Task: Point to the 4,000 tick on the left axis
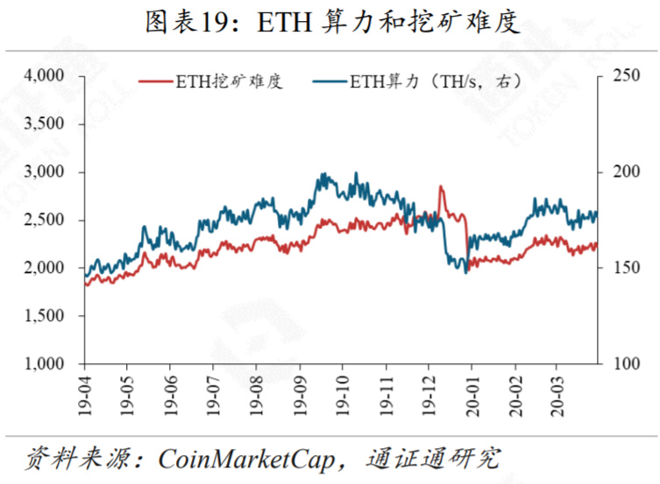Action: click(54, 76)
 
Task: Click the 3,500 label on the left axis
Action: click(54, 124)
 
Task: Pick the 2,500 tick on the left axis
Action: click(54, 220)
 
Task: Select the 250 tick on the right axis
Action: click(621, 76)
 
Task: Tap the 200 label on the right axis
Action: click(621, 172)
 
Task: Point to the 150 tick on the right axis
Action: click(621, 268)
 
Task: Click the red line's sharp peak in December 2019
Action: click(440, 186)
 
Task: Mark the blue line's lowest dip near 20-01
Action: click(465, 272)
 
